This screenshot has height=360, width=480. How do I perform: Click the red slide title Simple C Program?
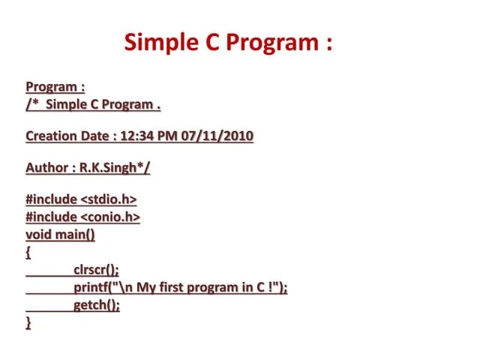[228, 42]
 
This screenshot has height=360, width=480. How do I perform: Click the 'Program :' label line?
[55, 87]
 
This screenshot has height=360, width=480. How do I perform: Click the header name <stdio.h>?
[109, 199]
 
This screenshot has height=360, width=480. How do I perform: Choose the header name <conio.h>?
[110, 217]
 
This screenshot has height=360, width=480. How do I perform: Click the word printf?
[91, 288]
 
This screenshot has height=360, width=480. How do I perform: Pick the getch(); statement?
[96, 305]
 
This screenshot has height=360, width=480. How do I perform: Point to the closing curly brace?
[28, 322]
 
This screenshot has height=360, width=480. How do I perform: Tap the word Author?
[46, 168]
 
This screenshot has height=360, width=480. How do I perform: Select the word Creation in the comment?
[51, 136]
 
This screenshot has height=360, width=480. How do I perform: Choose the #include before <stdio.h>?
[51, 199]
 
